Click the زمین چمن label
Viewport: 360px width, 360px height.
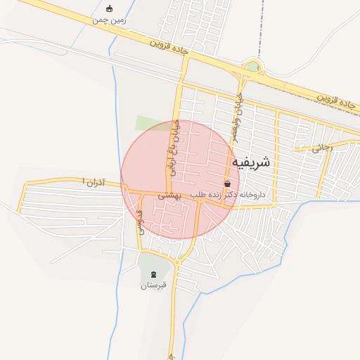tap(110, 20)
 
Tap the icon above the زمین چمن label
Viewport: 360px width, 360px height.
tap(109, 8)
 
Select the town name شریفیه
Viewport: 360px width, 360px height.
tap(250, 162)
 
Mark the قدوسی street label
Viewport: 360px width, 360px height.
tap(139, 221)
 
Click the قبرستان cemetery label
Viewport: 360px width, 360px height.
tap(153, 285)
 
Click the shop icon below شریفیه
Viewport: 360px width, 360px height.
tap(227, 183)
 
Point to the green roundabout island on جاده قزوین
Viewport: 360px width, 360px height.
tap(252, 67)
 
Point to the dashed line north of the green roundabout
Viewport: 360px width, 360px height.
tap(262, 28)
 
